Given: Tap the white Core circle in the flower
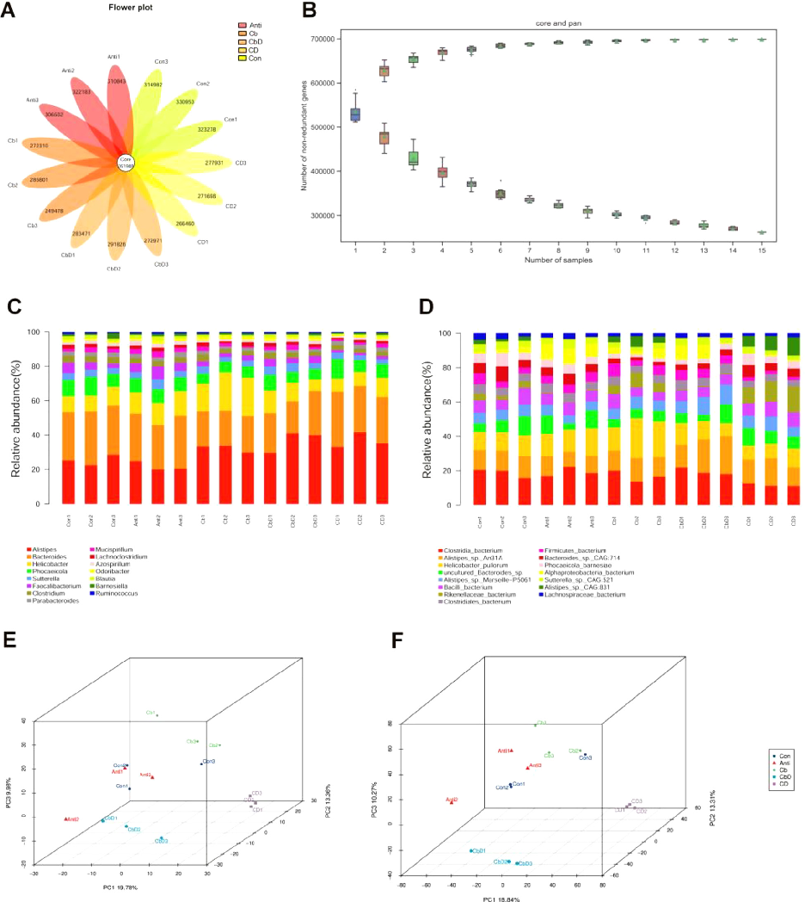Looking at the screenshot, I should (126, 161).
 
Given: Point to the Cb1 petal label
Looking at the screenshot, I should (13, 140).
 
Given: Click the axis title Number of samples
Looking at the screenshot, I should (555, 260).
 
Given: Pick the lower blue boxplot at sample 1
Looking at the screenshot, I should (355, 114).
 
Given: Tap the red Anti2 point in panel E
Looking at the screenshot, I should (66, 819).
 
